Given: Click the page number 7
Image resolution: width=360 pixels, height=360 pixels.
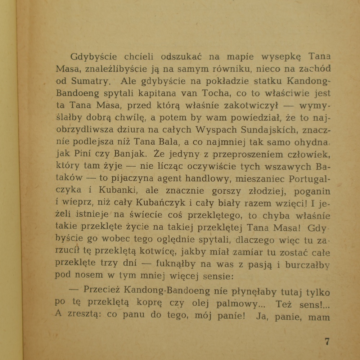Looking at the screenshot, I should (327, 341).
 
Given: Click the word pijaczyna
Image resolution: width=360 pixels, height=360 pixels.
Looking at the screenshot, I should (133, 179).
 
